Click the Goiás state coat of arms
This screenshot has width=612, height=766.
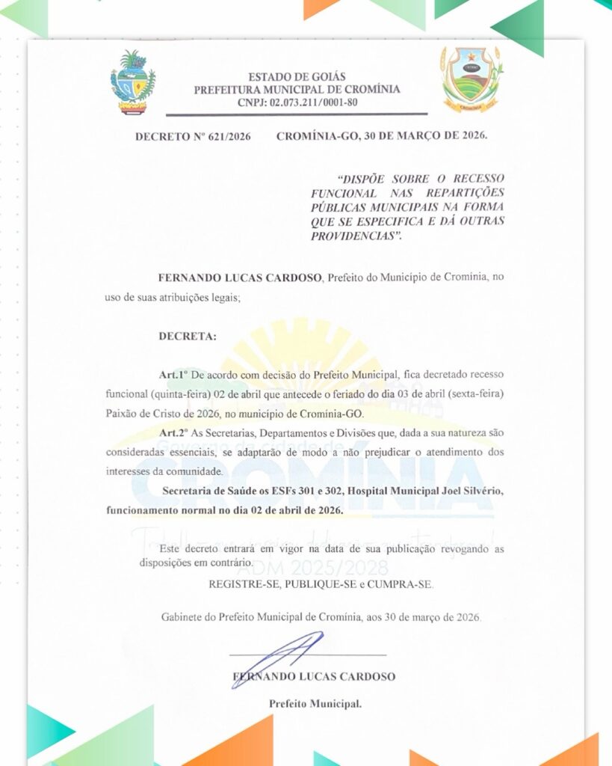coord(132,82)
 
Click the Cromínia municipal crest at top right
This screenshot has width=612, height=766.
coord(470,79)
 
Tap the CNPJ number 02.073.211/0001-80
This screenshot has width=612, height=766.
coord(297,102)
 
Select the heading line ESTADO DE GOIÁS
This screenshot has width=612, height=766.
coord(297,77)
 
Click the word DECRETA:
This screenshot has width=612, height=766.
coord(187,337)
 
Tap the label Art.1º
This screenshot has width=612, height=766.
coord(173,374)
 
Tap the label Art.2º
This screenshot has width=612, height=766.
coord(173,433)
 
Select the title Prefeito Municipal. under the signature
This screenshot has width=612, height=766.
coord(315,704)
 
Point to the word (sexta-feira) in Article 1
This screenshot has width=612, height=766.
coord(471,393)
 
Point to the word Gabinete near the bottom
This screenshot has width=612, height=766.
coord(182,617)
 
